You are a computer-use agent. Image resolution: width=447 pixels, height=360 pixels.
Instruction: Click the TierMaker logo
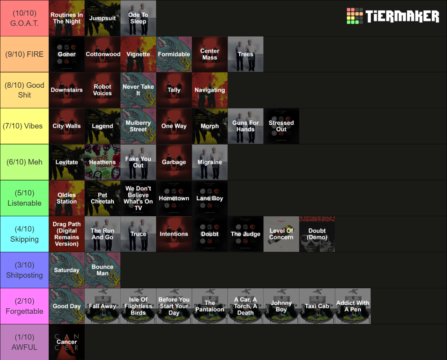tap(393, 16)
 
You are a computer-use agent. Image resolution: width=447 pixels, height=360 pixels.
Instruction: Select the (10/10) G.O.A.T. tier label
tap(24, 18)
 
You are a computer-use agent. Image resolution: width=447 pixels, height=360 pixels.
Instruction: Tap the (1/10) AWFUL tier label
tap(24, 342)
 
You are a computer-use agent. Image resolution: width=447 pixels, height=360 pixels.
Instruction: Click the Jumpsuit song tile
tap(102, 18)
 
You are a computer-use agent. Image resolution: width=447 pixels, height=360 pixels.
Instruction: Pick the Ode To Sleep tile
tap(138, 18)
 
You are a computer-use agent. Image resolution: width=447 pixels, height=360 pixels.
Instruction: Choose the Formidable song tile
tap(174, 54)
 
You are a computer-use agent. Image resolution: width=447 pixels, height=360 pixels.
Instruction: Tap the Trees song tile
tap(245, 54)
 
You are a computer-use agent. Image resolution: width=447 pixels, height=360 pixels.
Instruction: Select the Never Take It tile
tap(138, 90)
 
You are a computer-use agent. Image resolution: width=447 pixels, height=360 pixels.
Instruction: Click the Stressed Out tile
tap(282, 126)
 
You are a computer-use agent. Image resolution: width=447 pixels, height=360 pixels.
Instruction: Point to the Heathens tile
tap(102, 162)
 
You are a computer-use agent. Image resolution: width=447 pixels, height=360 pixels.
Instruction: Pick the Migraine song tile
tap(210, 162)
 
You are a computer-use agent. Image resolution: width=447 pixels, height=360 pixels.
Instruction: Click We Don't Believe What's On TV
tap(138, 198)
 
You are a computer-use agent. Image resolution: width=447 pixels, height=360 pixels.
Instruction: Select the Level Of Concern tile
tap(282, 234)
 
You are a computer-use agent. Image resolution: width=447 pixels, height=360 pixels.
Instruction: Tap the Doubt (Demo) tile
tap(317, 234)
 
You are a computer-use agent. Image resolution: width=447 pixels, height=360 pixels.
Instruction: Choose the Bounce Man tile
tap(102, 270)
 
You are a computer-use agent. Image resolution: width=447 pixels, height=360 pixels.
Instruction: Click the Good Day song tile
tap(67, 306)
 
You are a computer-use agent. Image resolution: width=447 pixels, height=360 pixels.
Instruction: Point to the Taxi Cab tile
tap(317, 306)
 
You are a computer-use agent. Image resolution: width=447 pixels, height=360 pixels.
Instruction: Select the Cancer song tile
tap(67, 342)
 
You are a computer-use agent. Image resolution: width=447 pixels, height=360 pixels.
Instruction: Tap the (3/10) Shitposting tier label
tap(24, 270)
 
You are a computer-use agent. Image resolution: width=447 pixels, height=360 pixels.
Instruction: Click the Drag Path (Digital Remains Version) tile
tap(67, 234)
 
